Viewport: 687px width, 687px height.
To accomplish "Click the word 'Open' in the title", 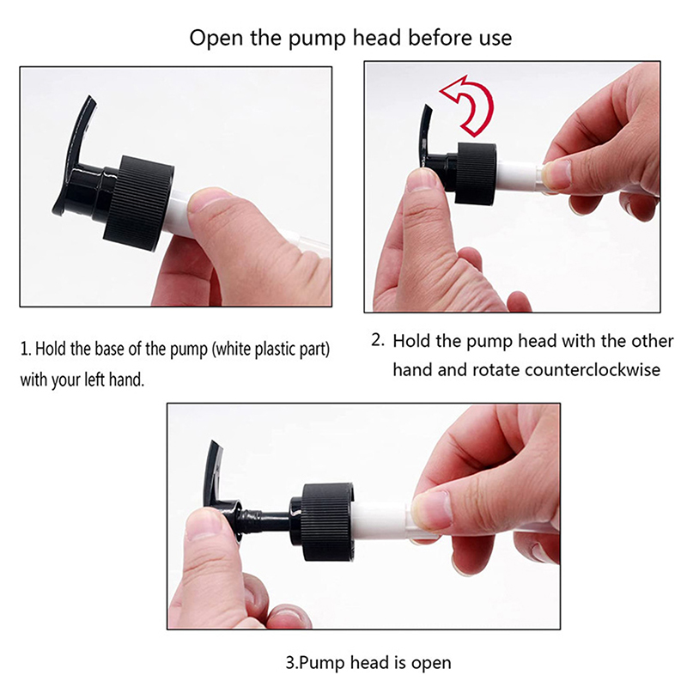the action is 216,38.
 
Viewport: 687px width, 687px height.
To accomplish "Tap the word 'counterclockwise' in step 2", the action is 593,370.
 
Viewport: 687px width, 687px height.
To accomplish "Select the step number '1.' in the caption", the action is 26,350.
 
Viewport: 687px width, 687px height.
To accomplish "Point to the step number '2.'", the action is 378,340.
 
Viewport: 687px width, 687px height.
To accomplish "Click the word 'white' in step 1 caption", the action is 233,350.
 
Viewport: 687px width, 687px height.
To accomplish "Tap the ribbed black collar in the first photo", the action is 139,203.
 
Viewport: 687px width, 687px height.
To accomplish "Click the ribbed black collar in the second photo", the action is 476,173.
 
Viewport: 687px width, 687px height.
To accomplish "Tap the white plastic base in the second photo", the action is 519,177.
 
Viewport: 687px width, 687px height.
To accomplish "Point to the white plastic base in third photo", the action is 381,521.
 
